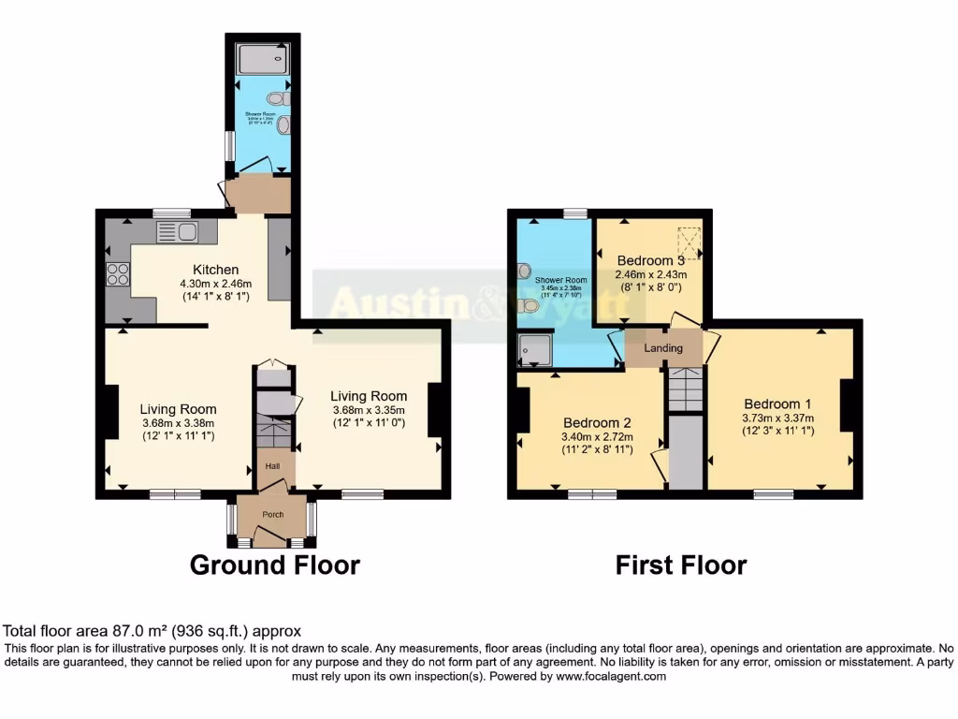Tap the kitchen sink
pos(177,232)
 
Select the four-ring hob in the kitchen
pos(119,273)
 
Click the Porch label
pos(272,514)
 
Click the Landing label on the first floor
pos(664,348)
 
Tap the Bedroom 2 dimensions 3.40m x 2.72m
pos(597,436)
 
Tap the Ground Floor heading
pos(274,565)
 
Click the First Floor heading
pos(680,565)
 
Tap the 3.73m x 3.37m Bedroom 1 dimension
pos(778,418)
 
